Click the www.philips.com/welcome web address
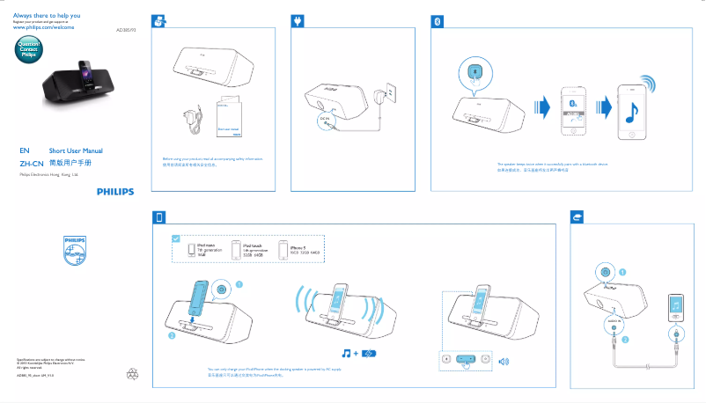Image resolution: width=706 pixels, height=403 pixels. click(43, 28)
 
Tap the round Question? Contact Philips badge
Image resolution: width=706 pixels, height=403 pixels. click(29, 49)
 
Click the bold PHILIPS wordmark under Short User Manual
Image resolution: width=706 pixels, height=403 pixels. click(116, 188)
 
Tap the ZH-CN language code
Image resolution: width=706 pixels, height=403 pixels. click(32, 164)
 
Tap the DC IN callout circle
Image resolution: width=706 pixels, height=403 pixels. click(327, 121)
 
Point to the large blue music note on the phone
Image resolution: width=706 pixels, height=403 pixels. click(630, 111)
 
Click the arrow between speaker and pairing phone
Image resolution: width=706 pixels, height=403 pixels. click(545, 108)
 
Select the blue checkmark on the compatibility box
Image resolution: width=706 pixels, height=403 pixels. click(176, 238)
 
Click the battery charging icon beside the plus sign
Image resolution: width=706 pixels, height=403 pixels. click(370, 353)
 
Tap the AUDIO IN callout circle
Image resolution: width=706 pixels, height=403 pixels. click(614, 322)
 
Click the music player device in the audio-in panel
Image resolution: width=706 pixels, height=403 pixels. click(675, 305)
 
